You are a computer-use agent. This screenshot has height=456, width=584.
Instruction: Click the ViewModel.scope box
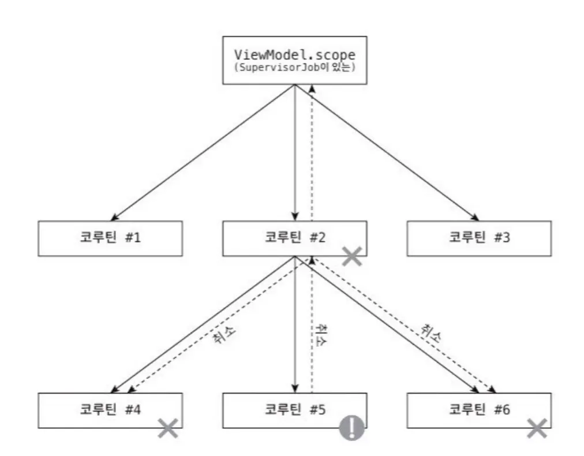[294, 61]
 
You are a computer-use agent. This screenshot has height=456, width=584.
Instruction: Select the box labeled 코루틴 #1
[110, 237]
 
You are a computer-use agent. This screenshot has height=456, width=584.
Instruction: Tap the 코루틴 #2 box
[294, 237]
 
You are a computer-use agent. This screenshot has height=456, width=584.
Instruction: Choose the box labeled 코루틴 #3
[478, 237]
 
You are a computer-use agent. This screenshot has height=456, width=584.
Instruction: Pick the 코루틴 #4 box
[110, 410]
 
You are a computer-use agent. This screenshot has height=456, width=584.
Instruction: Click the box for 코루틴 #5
[294, 410]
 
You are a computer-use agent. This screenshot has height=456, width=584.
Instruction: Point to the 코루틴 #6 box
[478, 410]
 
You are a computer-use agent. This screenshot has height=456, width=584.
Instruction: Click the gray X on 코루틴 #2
[352, 257]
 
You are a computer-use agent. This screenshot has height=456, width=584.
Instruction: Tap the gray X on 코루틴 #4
[169, 428]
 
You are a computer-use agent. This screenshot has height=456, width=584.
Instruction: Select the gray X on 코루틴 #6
[537, 428]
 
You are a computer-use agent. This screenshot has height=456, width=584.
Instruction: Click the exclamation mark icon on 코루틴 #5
[352, 428]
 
